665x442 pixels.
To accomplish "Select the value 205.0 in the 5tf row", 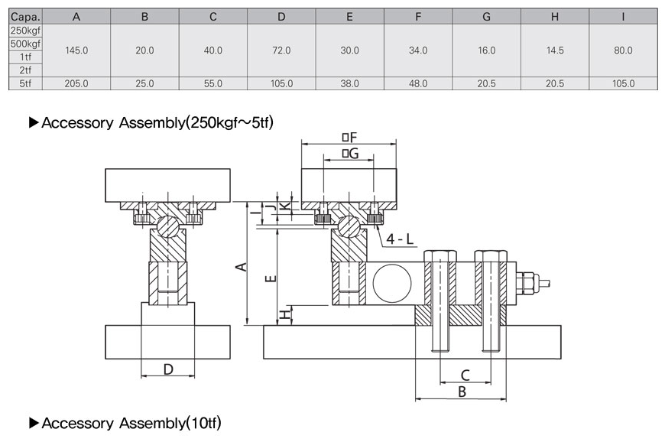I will pos(76,83).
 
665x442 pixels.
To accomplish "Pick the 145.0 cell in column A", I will pos(76,50).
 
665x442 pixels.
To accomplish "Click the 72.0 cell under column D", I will pos(281,50).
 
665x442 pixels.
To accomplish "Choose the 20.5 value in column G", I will pos(486,83).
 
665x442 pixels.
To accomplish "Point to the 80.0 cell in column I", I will pos(623,50).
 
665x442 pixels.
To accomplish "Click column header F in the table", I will pos(418,16).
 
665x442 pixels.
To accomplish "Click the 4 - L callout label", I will pos(400,239).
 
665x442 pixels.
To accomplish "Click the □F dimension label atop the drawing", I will pos(349,137).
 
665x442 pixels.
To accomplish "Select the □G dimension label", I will pos(349,154).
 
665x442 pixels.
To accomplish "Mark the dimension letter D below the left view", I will pos(168,369).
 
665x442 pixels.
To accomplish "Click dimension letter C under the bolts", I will pos(465,375).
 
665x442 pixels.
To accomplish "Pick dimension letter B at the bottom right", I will pos(460,392).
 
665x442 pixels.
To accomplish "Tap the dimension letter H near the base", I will pos(284,314).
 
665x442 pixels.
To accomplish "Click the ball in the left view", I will pos(168,227).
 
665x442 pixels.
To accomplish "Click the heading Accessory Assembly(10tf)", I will pos(131,423).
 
